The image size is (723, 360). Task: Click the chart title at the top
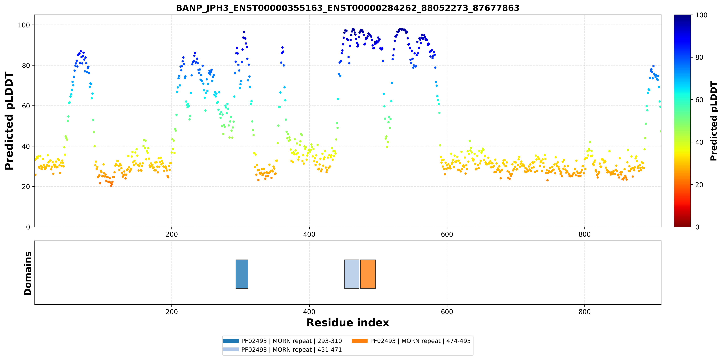pyautogui.click(x=347, y=8)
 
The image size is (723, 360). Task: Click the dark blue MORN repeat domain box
pyautogui.click(x=242, y=274)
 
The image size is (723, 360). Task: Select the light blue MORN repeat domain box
pyautogui.click(x=352, y=274)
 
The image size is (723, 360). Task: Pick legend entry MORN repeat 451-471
pyautogui.click(x=282, y=350)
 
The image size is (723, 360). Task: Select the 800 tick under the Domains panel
pyautogui.click(x=585, y=312)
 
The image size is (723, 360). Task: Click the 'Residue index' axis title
pyautogui.click(x=348, y=323)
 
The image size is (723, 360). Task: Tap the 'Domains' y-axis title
pyautogui.click(x=28, y=273)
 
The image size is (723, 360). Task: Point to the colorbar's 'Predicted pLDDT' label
pyautogui.click(x=714, y=121)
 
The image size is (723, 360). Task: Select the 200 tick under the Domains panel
pyautogui.click(x=172, y=312)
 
